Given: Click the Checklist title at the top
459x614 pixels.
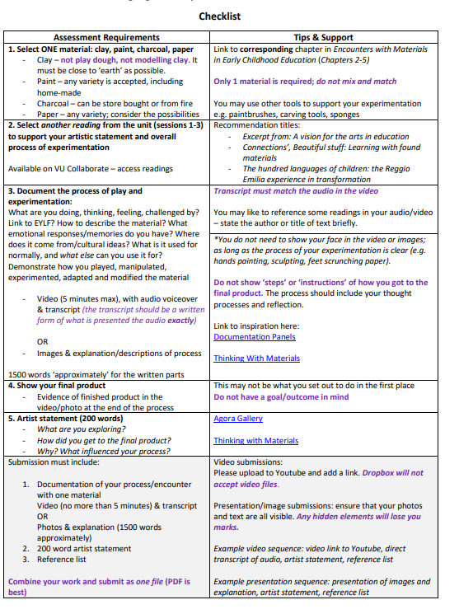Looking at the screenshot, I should pos(219,16).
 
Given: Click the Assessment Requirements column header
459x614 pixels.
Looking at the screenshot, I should pos(106,37).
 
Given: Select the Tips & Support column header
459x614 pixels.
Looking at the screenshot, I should pos(323,37).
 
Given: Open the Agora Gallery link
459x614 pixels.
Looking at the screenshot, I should pos(237,419).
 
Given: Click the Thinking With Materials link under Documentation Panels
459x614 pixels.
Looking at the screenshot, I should pos(256,359).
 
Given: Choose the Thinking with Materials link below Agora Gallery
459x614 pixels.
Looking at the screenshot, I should pos(255,441).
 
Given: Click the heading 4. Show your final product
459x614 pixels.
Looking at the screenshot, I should pos(57,386).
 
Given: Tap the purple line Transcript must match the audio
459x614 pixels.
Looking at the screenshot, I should pos(296,191).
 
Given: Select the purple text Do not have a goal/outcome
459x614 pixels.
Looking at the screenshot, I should pos(280,396).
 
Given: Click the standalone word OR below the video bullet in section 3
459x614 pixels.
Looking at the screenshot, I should pos(43,341).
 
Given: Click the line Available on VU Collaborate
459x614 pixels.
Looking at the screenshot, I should pos(91,169).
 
